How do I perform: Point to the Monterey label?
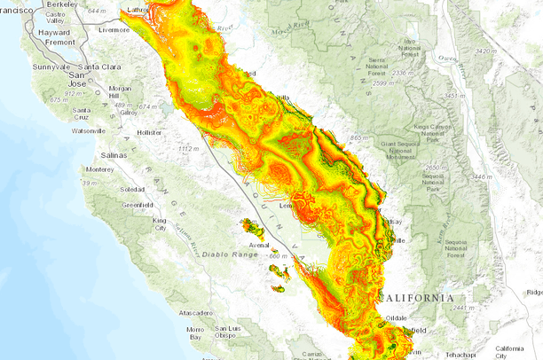99,168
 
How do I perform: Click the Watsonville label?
88,130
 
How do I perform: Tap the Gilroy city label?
129,113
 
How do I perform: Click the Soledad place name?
132,189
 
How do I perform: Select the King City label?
160,223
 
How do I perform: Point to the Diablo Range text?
232,254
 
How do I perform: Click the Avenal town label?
258,245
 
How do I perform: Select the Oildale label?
395,317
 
